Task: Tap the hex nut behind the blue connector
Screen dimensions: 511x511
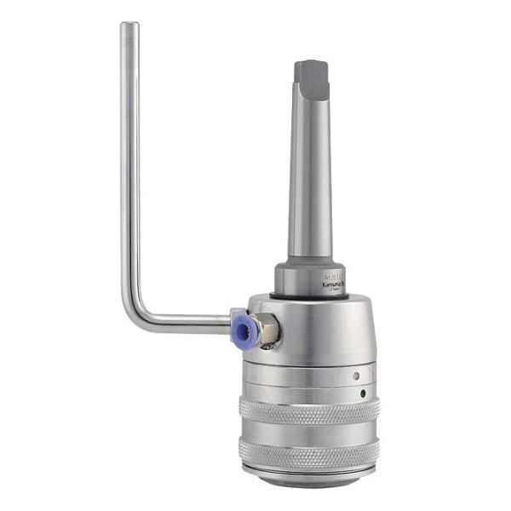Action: coord(267,328)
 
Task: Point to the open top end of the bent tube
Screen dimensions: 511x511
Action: coord(129,26)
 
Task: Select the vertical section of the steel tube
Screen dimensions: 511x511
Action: coord(129,170)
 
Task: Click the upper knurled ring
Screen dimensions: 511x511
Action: coord(308,411)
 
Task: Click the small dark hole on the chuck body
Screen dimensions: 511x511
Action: coord(364,393)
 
